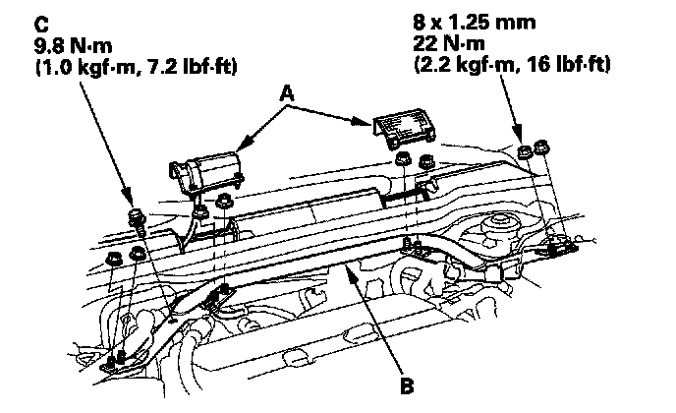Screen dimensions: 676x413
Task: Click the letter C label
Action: [x=41, y=25]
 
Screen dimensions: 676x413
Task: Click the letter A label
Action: [x=287, y=93]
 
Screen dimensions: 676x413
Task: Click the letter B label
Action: [x=407, y=385]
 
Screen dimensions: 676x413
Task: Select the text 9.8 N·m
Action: [x=73, y=46]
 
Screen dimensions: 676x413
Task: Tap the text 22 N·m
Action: [x=449, y=43]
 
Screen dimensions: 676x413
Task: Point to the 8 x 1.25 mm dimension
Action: [x=475, y=22]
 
